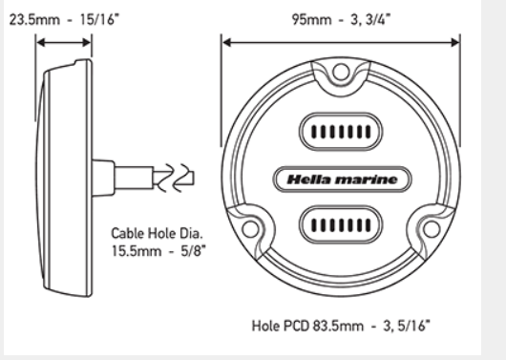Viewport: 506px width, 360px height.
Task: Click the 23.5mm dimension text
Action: click(34, 20)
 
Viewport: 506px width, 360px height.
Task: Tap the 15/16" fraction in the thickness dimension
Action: click(99, 20)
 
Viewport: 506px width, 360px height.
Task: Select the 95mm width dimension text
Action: click(312, 20)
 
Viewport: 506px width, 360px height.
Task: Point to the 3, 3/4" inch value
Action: click(370, 20)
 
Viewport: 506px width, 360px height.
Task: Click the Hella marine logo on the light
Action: click(343, 180)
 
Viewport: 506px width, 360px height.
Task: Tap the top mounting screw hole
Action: click(341, 72)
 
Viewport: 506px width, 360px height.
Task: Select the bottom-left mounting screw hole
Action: click(250, 229)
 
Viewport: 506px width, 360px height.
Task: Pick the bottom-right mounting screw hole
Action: click(432, 229)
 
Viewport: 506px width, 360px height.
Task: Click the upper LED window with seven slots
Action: click(341, 132)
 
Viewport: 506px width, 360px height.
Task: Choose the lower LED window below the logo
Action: click(341, 224)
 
